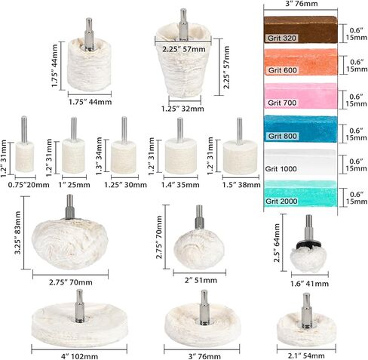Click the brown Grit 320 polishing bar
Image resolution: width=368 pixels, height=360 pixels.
(x=300, y=29)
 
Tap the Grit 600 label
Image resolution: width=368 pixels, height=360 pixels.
(x=283, y=70)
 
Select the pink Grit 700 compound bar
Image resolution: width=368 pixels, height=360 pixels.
(x=300, y=96)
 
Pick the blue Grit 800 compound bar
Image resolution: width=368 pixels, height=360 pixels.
(x=300, y=129)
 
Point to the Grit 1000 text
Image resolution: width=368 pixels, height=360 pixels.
(x=281, y=169)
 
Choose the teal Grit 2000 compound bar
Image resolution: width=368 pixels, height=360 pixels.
(x=300, y=193)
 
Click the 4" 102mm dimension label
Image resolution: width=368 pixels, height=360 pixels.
(x=79, y=356)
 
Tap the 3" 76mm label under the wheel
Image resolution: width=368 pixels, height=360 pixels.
(x=204, y=356)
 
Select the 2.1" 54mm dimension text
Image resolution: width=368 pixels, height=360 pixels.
(x=306, y=355)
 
